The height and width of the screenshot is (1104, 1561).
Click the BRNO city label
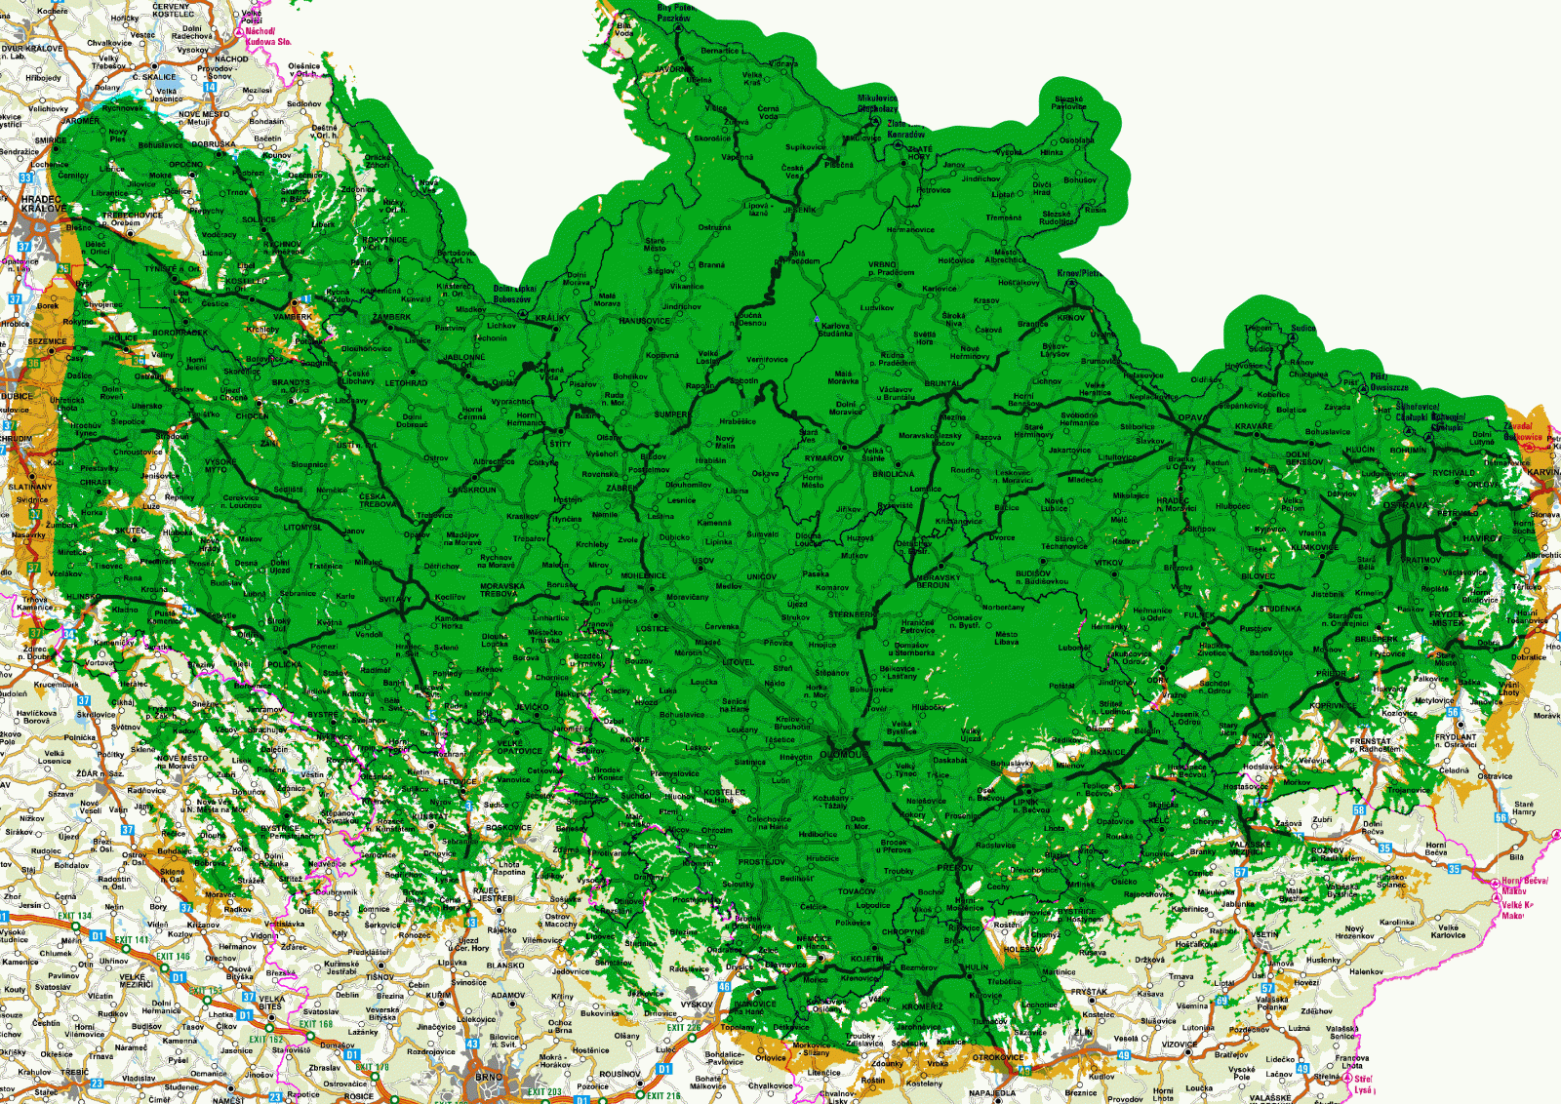coord(488,1078)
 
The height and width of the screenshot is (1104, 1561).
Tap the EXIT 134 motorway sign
coord(74,916)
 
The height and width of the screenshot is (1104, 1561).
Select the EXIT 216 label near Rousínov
coord(663,1095)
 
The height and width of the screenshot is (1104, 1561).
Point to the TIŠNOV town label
coord(380,976)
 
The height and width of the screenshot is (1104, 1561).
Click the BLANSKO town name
coord(504,966)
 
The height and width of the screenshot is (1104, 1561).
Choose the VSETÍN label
coord(1264,934)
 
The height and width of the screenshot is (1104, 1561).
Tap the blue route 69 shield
coord(1222,1001)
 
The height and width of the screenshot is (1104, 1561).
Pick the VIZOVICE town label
coord(1179,1045)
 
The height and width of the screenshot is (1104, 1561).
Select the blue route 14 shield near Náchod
coord(209,88)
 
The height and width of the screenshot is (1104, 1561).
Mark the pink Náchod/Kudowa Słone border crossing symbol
coord(239,32)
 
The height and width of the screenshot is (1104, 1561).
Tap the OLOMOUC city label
coord(841,755)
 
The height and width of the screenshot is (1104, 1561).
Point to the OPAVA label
coord(1191,418)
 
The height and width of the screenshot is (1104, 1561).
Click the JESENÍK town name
coord(799,210)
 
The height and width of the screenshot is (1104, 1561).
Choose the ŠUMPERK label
coord(671,414)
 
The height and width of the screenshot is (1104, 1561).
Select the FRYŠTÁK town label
coord(1088,992)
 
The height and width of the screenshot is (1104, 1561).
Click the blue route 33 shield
coord(26,177)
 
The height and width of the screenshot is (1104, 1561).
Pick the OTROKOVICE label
coord(998,1057)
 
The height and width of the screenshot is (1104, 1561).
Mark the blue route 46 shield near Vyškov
coord(724,987)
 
